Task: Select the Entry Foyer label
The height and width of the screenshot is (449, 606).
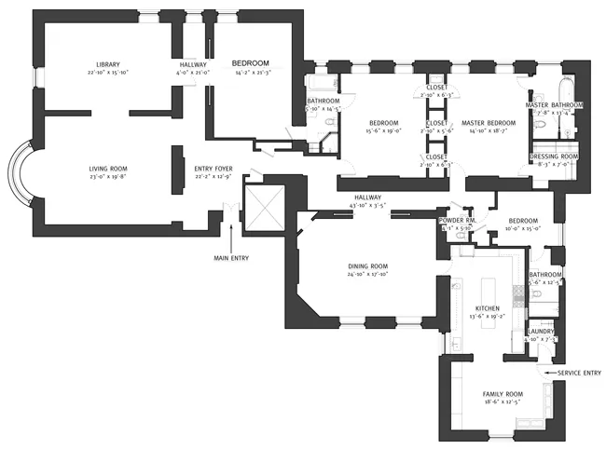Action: (213, 169)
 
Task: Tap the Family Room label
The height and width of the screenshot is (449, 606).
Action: (502, 394)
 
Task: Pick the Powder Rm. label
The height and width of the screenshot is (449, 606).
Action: (457, 220)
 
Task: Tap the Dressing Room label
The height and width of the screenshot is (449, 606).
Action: (554, 156)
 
